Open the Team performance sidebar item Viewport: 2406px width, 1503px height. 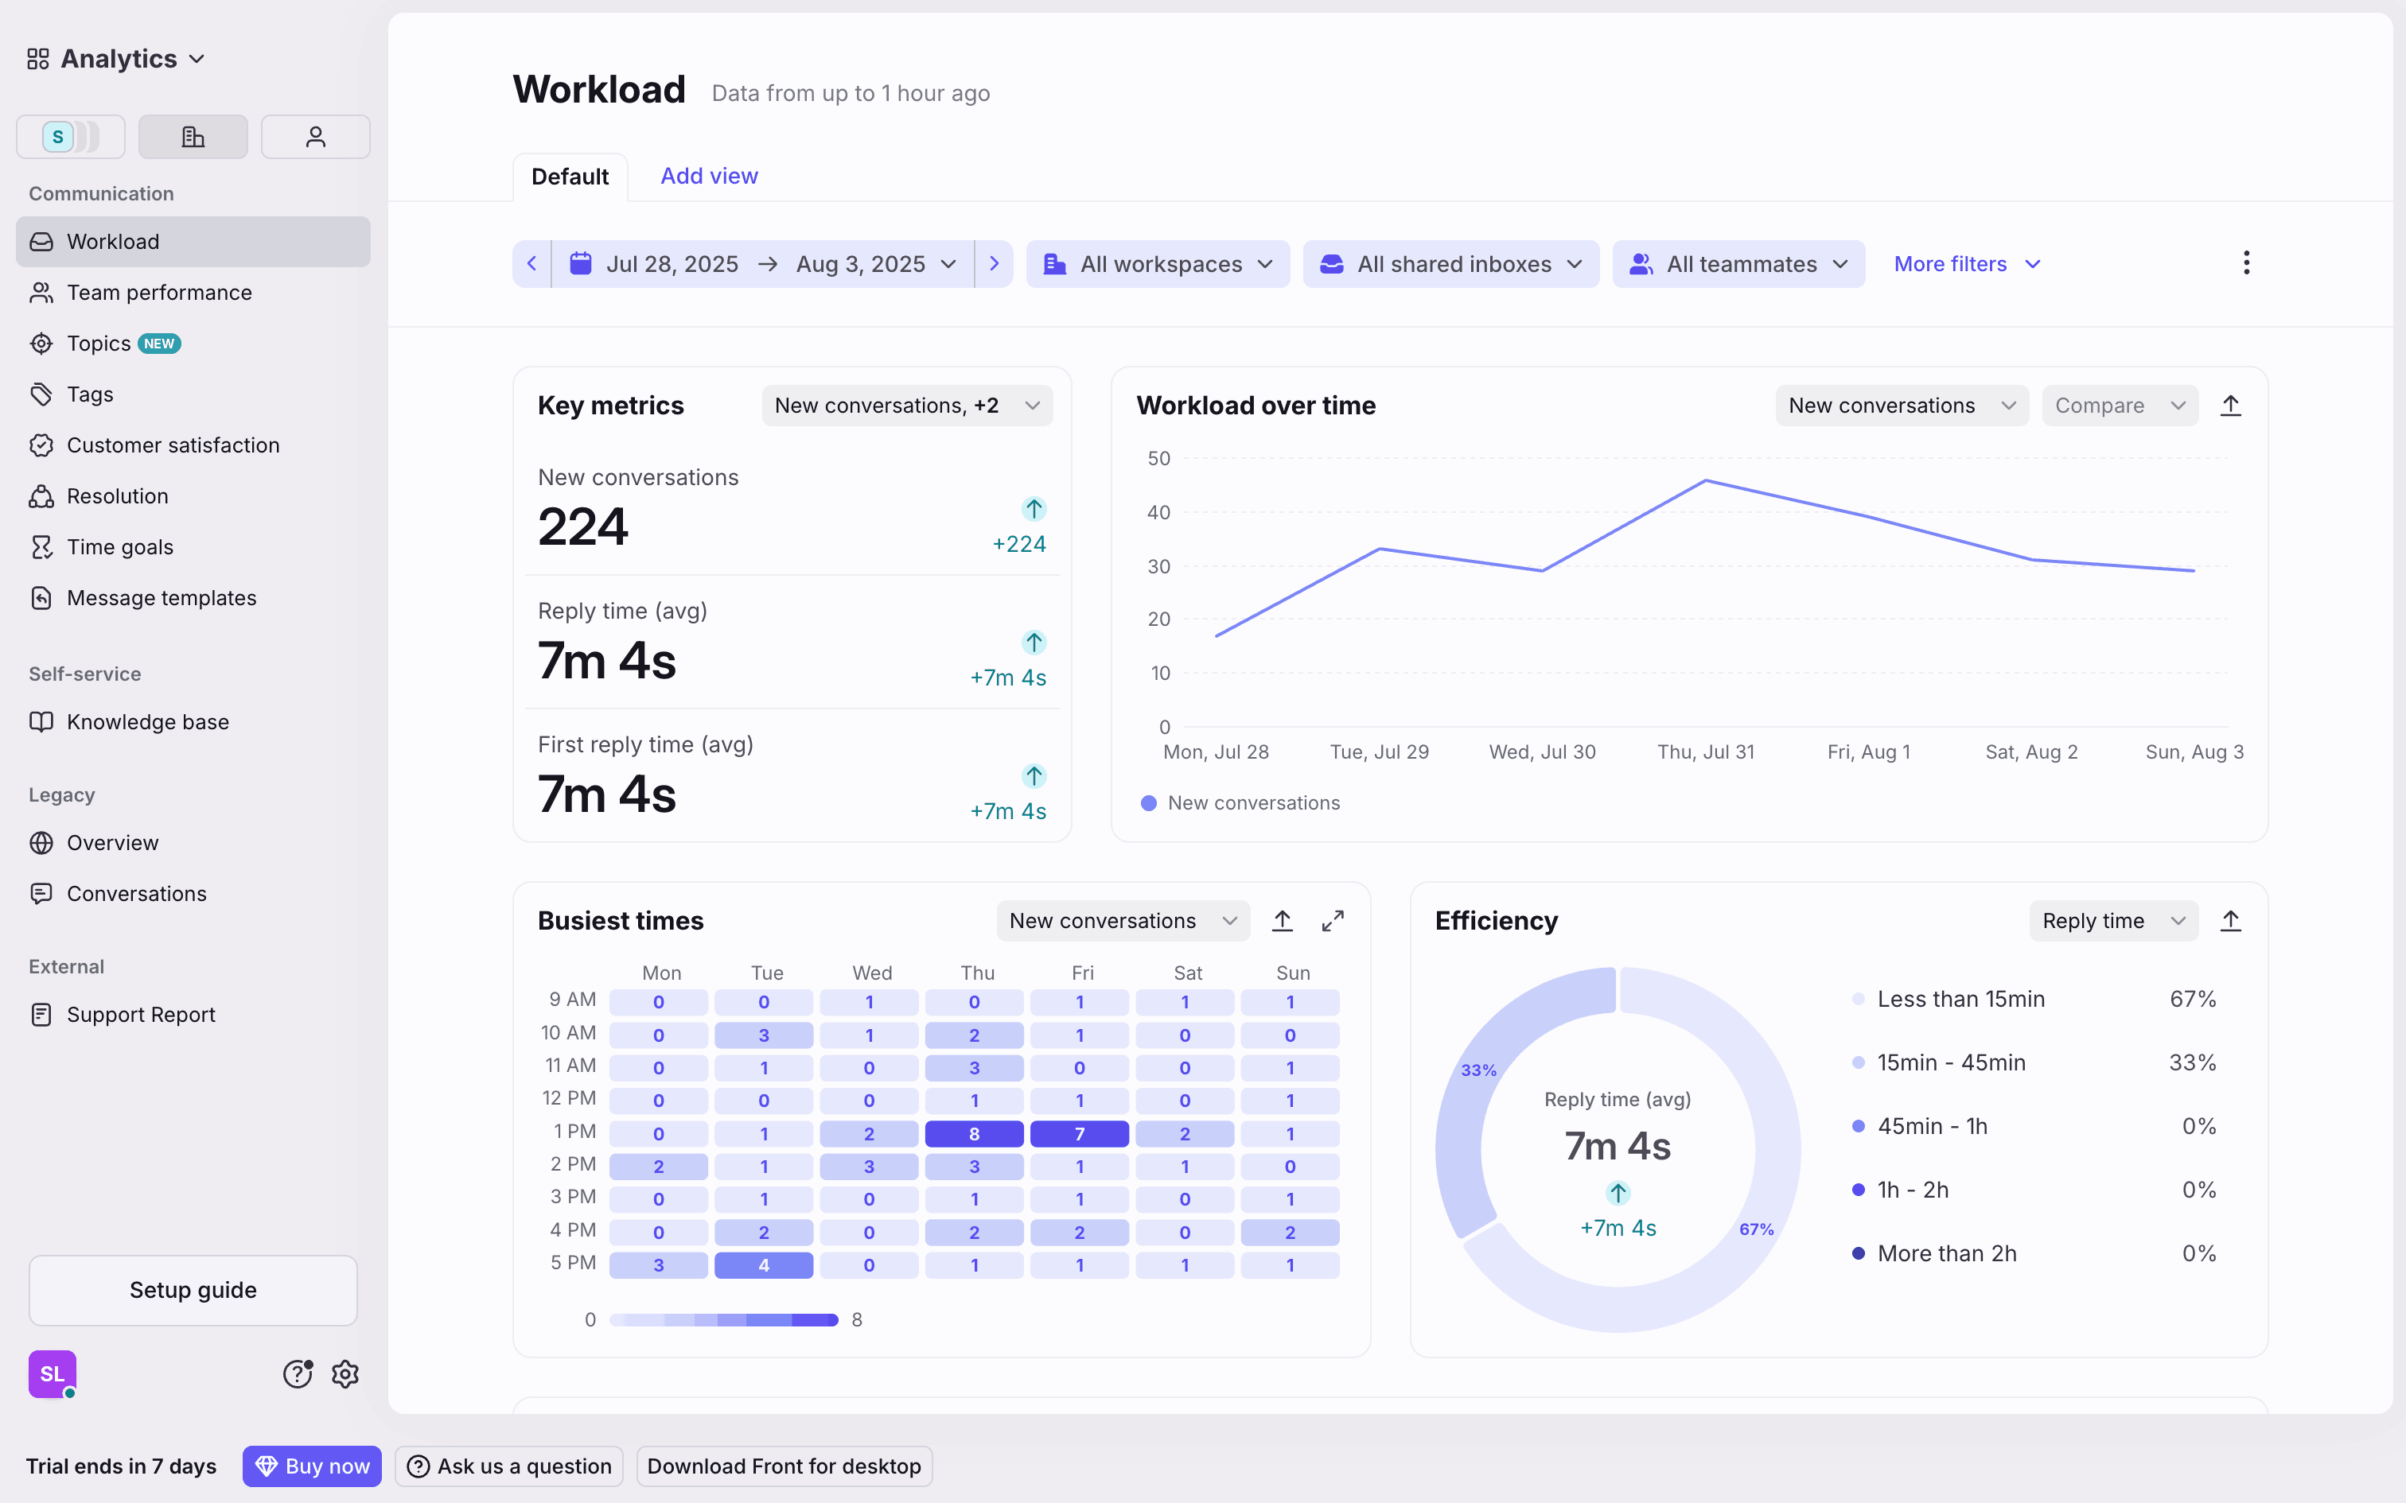point(159,293)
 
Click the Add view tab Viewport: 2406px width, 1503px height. point(709,176)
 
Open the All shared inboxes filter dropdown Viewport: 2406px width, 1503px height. point(1450,264)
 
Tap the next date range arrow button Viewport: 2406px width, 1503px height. point(993,264)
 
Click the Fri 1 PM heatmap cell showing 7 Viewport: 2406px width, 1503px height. point(1079,1133)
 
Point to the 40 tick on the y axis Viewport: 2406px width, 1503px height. point(1158,513)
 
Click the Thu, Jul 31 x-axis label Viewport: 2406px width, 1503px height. point(1705,752)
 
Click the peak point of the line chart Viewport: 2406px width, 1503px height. point(1705,481)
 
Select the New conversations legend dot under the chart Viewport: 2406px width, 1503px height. point(1148,803)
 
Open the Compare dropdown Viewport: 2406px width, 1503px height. point(2119,406)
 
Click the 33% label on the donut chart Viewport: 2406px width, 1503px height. point(1478,1070)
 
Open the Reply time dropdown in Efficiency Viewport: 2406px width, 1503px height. point(2112,922)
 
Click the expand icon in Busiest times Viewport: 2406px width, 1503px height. point(1332,922)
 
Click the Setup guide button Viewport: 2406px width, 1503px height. point(193,1290)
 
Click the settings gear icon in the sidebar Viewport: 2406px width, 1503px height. point(345,1374)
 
